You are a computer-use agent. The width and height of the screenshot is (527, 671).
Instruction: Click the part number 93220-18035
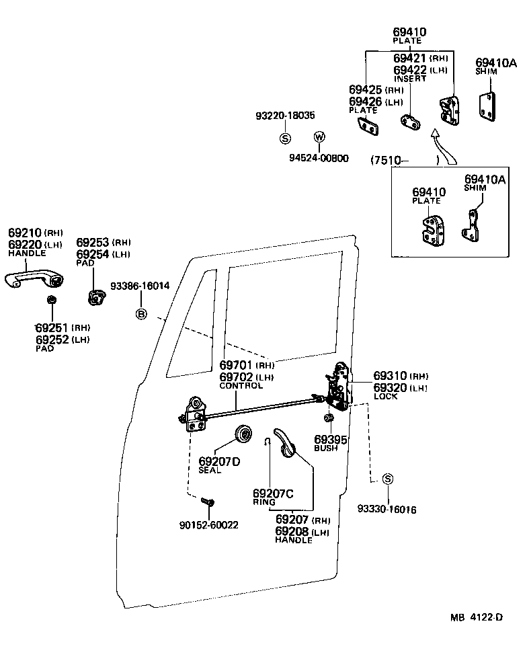pos(285,116)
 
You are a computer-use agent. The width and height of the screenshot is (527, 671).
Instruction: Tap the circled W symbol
pos(319,137)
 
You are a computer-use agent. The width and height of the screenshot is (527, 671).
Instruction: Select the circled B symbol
pos(141,314)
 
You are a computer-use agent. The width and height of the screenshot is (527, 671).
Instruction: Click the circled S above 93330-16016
pos(387,479)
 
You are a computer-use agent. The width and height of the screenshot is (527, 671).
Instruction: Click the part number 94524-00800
pos(319,159)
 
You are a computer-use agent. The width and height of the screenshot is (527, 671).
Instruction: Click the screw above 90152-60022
pos(208,502)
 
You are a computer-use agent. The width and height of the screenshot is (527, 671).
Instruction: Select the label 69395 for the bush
pos(330,440)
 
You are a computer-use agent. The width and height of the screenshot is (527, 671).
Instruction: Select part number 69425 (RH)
pos(366,89)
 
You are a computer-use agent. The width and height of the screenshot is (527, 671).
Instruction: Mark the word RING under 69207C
pos(263,502)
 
